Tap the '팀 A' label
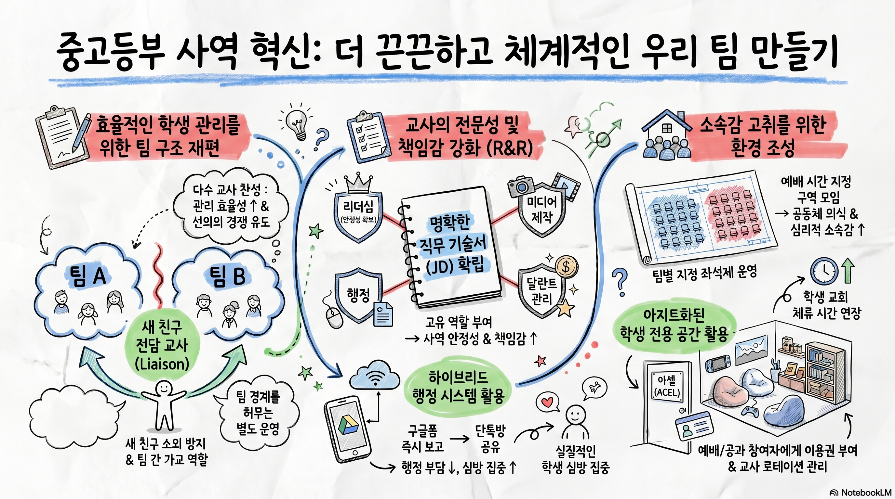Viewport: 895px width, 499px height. (87, 277)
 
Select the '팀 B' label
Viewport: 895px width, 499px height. (227, 276)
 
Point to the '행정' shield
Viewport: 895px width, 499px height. (358, 295)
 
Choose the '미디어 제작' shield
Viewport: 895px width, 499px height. (541, 210)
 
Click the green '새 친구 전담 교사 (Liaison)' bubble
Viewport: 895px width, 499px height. (162, 345)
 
